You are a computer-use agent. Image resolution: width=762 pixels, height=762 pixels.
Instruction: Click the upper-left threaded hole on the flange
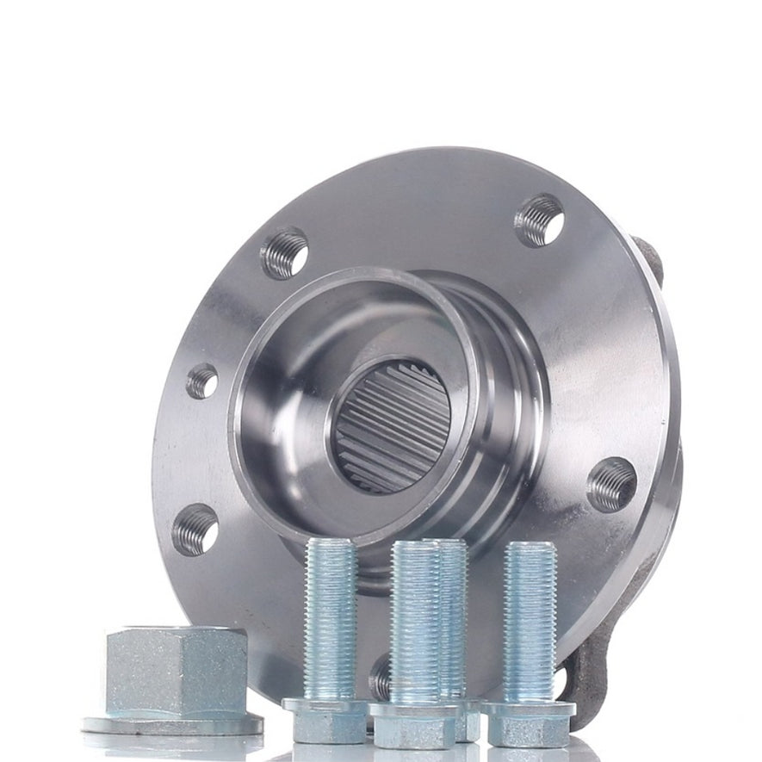coord(285,252)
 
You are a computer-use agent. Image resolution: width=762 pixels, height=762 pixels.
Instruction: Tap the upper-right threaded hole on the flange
coord(539,220)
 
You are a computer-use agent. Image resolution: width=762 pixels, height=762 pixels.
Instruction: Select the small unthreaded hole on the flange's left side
coord(202,381)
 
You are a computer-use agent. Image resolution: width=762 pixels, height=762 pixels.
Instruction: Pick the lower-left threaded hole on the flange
coord(195,529)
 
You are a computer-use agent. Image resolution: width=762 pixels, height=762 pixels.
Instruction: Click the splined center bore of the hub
coord(393,426)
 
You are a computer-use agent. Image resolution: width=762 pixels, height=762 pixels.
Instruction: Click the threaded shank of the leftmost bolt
coord(330,616)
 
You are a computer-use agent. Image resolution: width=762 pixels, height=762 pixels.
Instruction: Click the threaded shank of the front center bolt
coord(415,620)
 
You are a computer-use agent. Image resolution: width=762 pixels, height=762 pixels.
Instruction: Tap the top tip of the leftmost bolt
coord(330,544)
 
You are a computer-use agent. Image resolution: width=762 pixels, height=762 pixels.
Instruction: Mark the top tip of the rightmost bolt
coord(530,547)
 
